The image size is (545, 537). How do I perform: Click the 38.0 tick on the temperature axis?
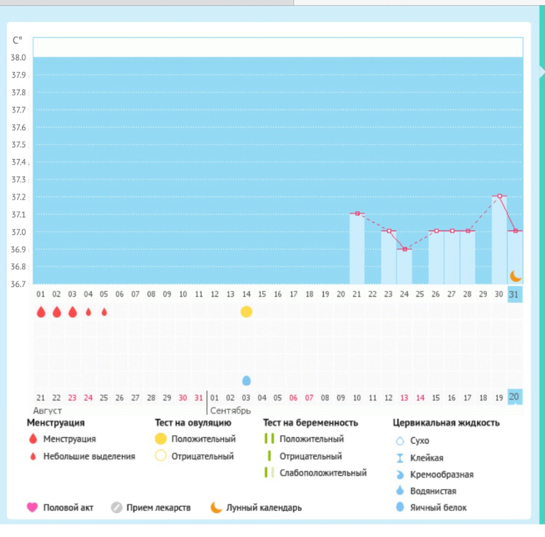[x=18, y=57]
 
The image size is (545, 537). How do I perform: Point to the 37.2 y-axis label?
[x=18, y=197]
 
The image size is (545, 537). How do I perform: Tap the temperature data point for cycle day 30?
[x=499, y=196]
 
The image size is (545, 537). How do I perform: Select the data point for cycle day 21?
[x=357, y=213]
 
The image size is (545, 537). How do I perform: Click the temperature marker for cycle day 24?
[x=404, y=249]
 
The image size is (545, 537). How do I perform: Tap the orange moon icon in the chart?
[x=515, y=276]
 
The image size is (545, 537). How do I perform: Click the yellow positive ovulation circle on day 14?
[x=246, y=312]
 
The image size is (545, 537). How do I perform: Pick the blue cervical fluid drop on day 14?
[x=246, y=381]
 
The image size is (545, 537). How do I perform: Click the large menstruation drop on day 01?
[x=41, y=312]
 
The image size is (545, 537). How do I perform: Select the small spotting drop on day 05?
[x=104, y=312]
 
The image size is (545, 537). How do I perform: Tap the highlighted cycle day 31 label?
[x=515, y=295]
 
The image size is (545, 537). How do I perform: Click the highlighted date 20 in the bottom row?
[x=515, y=396]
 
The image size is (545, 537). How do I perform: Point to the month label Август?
[x=47, y=411]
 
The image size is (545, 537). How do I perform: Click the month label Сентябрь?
[x=230, y=411]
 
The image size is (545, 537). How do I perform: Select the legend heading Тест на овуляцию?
[x=193, y=423]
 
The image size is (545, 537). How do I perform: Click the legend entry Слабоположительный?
[x=323, y=473]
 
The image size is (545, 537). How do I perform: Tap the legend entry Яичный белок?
[x=438, y=507]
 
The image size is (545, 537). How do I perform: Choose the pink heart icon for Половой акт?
[x=32, y=507]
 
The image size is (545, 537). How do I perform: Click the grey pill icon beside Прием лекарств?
[x=117, y=507]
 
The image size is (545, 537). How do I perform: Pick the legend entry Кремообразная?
[x=442, y=474]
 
